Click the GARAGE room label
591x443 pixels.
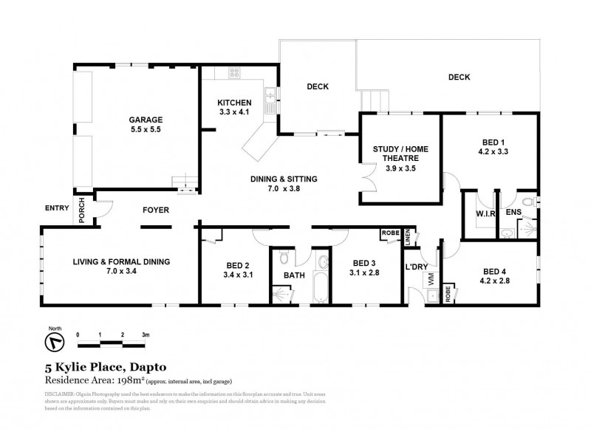tap(146, 119)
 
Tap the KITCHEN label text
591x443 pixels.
tap(235, 103)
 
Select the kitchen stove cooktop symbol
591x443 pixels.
tap(235, 72)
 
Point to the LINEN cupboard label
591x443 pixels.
tap(407, 236)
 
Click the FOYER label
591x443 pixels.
tap(155, 210)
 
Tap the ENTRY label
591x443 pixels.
tap(56, 207)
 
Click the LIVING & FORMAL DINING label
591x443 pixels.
tap(121, 261)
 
